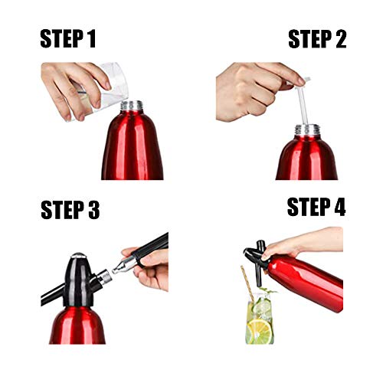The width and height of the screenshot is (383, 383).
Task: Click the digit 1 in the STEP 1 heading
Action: [x=91, y=38]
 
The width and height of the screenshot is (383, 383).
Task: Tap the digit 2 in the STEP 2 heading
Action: [x=341, y=39]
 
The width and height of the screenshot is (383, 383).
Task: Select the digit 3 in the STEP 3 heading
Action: [x=93, y=210]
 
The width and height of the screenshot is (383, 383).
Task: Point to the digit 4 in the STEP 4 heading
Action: [x=339, y=207]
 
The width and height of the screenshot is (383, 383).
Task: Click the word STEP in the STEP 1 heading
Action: [x=61, y=38]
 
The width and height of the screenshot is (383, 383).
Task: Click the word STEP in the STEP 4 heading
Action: [x=309, y=207]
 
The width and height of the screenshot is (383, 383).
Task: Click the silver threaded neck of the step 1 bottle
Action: [x=132, y=106]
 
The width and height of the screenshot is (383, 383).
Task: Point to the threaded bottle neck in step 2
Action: [x=307, y=130]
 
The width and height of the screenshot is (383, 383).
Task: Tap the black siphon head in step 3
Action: [x=78, y=281]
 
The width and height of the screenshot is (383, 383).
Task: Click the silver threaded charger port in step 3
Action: [x=105, y=278]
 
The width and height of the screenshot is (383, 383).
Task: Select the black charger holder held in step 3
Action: [x=151, y=249]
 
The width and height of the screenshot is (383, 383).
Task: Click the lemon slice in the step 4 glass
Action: [x=260, y=331]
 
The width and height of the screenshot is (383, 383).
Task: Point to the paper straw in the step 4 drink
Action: [x=247, y=283]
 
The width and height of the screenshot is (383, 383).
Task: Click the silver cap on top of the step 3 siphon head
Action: [x=78, y=255]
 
